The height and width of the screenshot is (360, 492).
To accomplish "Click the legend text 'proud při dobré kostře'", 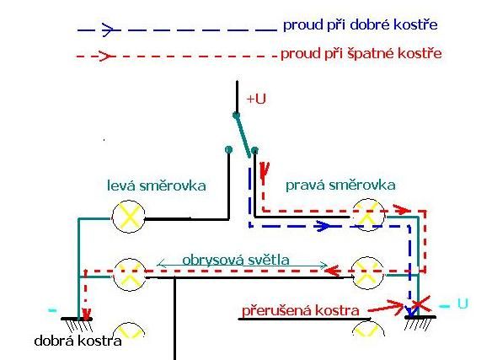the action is [x=361, y=25].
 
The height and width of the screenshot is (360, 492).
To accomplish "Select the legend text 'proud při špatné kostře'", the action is [x=361, y=54].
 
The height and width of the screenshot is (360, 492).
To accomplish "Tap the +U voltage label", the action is [x=256, y=99].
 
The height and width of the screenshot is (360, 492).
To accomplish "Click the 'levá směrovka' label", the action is [x=157, y=185].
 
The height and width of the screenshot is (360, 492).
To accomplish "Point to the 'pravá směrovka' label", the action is [x=340, y=185].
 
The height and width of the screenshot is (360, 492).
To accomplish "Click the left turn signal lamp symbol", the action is [x=129, y=217].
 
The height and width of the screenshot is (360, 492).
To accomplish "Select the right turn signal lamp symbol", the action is [x=368, y=215].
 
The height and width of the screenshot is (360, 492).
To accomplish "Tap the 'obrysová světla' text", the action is [x=236, y=261].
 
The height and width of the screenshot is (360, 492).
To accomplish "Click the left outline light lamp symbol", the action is [x=129, y=275].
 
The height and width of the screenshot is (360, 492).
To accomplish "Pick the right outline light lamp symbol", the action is [x=366, y=273].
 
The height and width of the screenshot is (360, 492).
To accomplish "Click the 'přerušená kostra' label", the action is [x=300, y=311].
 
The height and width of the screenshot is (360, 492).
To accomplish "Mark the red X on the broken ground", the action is [x=420, y=304].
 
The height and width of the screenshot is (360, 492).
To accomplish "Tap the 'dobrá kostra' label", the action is [x=78, y=341].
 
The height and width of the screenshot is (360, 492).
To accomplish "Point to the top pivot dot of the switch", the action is [x=236, y=116].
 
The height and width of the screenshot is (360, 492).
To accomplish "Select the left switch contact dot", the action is [x=229, y=149].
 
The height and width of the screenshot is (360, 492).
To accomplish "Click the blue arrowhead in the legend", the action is [x=109, y=30].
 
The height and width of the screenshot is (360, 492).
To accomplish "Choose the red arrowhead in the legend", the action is [x=107, y=56].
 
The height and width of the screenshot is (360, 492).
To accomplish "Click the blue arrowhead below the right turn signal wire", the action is [x=323, y=226].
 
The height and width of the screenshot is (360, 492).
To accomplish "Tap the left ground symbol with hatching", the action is [x=77, y=325].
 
